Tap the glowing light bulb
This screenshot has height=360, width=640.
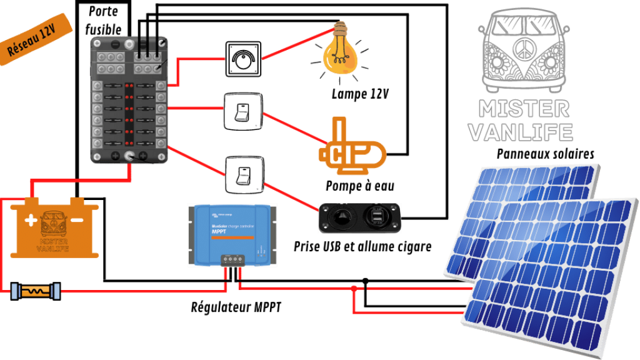tap(342, 59)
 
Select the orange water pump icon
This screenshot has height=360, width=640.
tap(350, 150)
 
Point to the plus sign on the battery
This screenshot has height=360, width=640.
tap(31, 221)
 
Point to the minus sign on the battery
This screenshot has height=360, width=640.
tap(77, 221)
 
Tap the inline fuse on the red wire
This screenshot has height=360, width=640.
tap(36, 291)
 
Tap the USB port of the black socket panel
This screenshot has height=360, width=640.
tap(379, 217)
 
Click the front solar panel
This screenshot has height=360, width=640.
tap(550, 275)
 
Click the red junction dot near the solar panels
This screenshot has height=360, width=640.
tap(354, 289)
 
